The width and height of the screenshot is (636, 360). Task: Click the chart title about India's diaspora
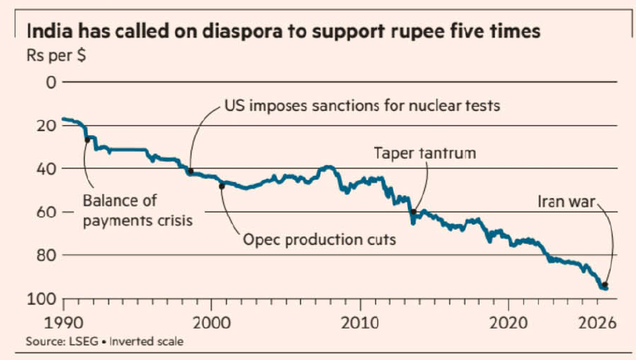tap(283, 31)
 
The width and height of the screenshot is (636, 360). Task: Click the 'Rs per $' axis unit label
tap(56, 55)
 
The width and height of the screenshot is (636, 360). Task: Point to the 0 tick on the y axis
tap(51, 82)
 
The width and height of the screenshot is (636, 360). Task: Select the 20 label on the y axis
tap(46, 126)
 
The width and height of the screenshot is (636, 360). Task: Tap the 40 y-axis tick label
tap(46, 168)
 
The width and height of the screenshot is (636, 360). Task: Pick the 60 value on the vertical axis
tap(46, 212)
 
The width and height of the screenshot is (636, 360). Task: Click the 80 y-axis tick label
tap(46, 255)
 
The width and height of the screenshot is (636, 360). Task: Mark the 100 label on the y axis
tap(41, 299)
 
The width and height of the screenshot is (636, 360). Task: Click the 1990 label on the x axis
tap(64, 323)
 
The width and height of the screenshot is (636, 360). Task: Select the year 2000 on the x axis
tap(212, 323)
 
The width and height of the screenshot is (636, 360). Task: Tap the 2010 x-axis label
tap(360, 323)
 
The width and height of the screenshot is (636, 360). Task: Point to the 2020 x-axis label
tap(508, 323)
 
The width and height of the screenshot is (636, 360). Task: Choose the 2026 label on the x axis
tap(597, 323)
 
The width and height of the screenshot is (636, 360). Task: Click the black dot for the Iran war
tap(605, 285)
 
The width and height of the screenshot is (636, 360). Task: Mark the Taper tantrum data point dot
tap(413, 212)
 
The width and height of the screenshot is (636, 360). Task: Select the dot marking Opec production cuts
tap(221, 186)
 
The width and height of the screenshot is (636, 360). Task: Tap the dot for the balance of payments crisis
tap(88, 140)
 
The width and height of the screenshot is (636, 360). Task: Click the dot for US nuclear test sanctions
tap(191, 171)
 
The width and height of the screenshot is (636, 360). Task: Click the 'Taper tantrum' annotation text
tap(425, 153)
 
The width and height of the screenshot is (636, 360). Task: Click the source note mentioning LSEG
tap(105, 341)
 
